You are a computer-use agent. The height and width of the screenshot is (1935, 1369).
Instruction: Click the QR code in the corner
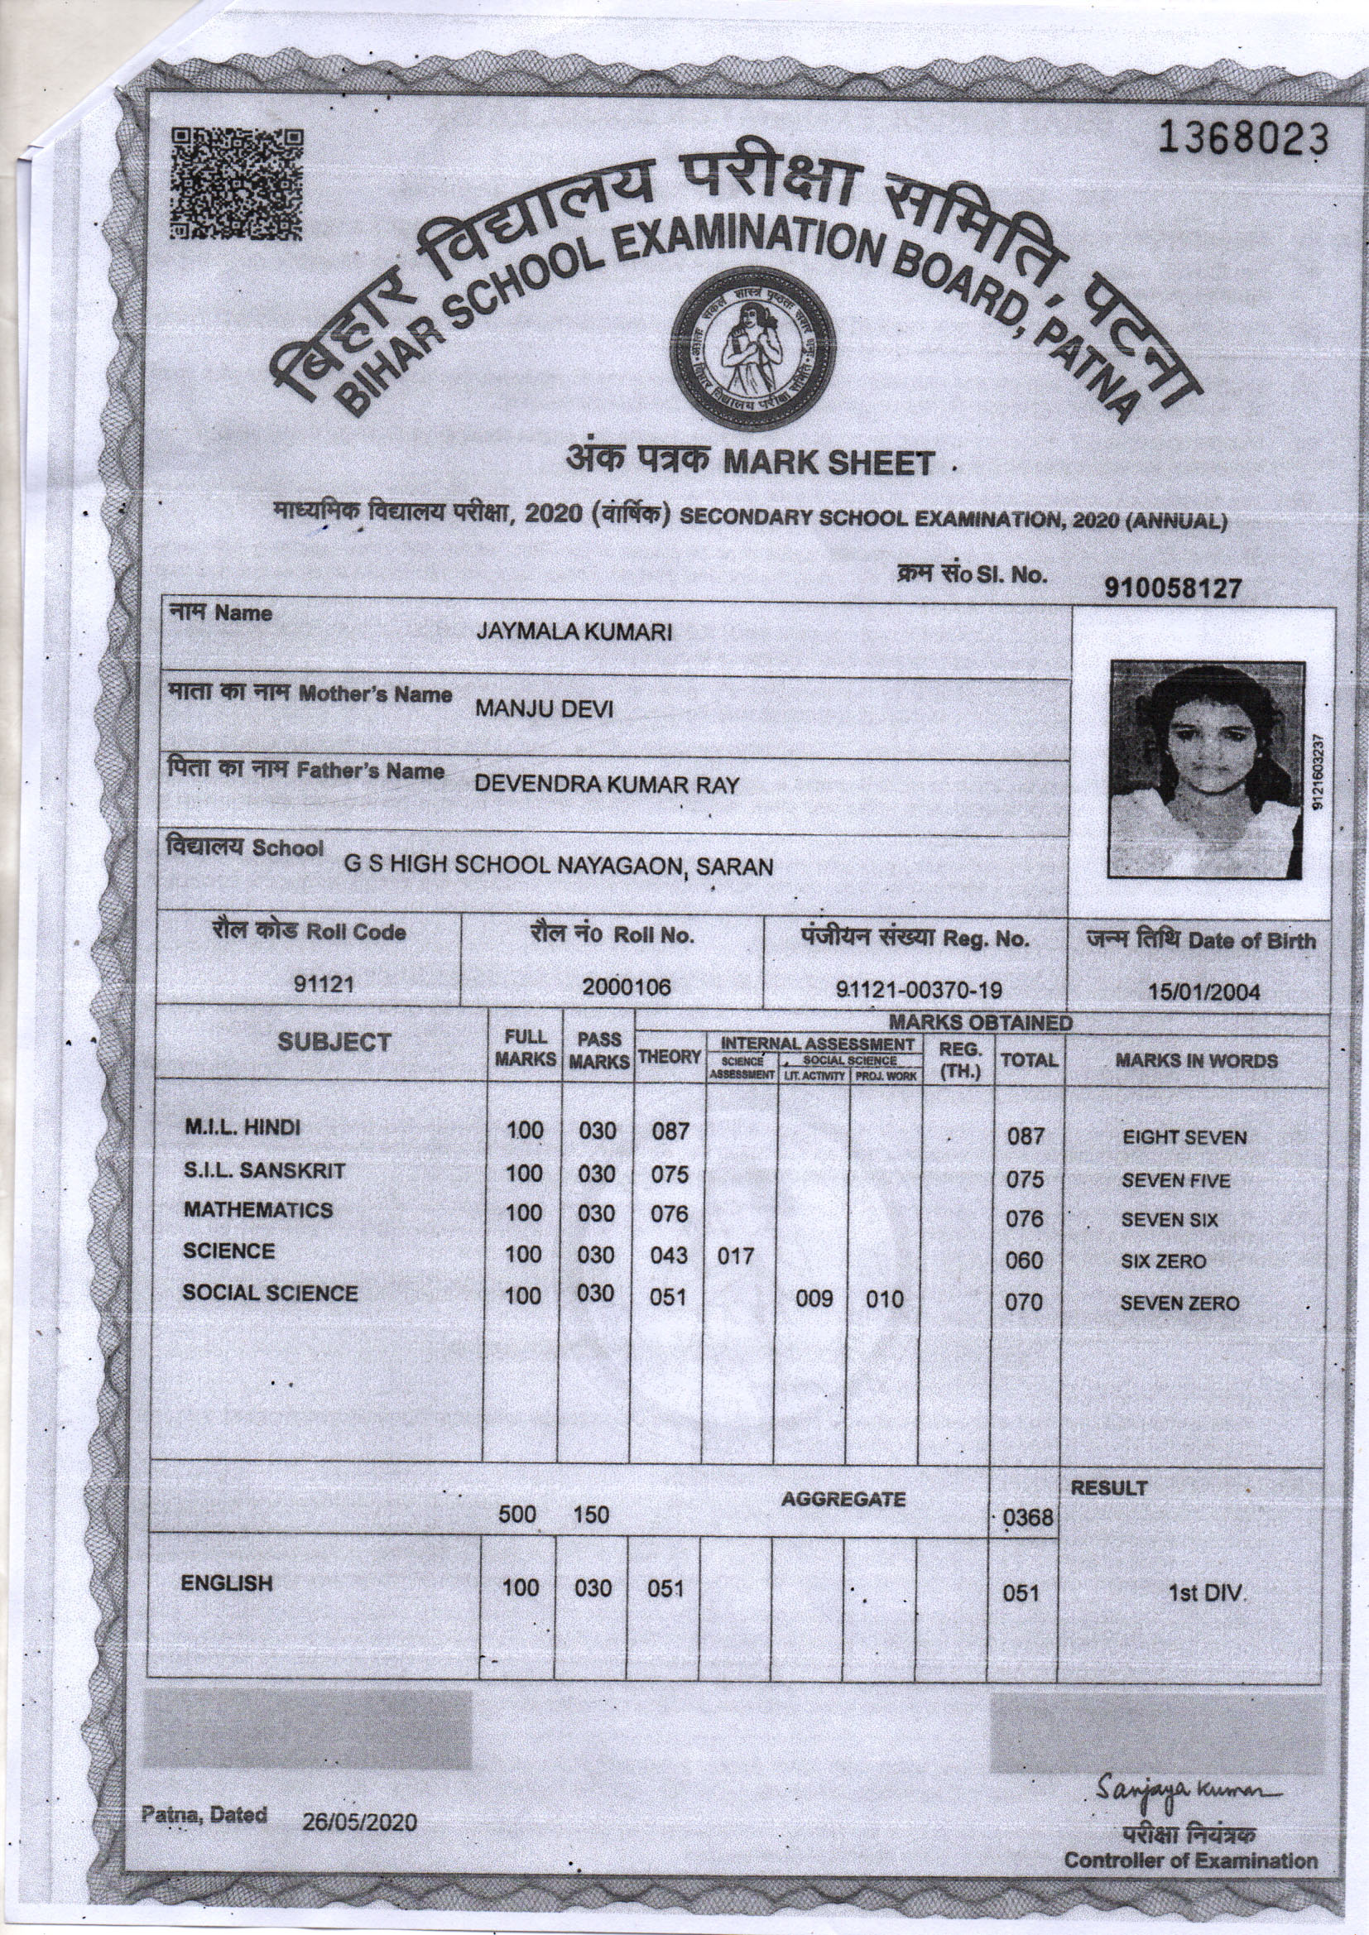point(236,185)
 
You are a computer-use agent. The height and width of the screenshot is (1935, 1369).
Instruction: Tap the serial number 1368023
point(1242,139)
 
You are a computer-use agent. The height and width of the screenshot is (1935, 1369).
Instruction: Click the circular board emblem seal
point(752,348)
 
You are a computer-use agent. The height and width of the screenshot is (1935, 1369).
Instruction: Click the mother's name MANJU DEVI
point(544,708)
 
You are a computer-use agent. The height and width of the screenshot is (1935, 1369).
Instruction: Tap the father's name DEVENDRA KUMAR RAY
point(606,785)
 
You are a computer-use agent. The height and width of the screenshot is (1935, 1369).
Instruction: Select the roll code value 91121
point(323,983)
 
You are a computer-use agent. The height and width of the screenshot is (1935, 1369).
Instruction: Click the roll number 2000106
point(626,987)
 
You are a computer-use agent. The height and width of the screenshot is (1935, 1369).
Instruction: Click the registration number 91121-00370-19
point(919,989)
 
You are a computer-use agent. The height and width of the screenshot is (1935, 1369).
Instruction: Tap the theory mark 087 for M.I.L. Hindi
point(670,1131)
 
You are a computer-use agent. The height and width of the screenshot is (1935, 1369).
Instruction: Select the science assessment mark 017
point(734,1256)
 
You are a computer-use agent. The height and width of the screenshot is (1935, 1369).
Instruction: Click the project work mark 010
point(884,1299)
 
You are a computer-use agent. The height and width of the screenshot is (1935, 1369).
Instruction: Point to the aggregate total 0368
point(1029,1518)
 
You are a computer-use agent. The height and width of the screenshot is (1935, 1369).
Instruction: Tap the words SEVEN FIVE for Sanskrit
point(1175,1181)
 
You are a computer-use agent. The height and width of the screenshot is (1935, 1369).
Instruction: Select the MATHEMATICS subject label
point(258,1210)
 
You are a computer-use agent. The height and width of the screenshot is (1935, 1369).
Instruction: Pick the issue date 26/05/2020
point(360,1822)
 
